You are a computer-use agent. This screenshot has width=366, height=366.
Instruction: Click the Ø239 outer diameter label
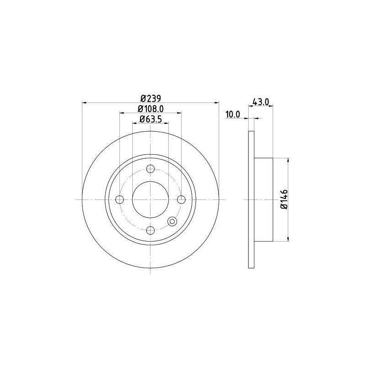point(151,98)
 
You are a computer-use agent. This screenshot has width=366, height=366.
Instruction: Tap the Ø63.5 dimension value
point(151,120)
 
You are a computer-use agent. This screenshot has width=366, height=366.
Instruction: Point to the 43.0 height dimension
point(260,102)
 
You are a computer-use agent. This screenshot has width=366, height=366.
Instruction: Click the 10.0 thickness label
point(232,115)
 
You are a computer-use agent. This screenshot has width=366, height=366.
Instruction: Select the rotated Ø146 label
point(284,199)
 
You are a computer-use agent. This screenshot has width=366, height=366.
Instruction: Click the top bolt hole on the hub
point(151,169)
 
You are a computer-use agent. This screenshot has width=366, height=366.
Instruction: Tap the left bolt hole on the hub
point(120,199)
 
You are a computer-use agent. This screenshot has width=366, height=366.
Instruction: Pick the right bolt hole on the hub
point(181,199)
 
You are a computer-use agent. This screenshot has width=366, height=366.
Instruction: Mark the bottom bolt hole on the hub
point(151,230)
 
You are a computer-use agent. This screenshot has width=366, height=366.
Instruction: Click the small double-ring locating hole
point(172,221)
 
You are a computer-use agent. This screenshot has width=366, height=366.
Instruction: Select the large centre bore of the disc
point(151,199)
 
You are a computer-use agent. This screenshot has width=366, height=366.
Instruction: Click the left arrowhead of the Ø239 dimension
point(84,102)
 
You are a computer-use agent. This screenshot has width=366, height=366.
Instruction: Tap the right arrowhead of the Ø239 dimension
point(217,102)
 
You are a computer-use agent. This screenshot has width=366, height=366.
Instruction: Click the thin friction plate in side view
point(251,199)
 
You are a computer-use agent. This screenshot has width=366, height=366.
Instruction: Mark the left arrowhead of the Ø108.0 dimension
point(122,113)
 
